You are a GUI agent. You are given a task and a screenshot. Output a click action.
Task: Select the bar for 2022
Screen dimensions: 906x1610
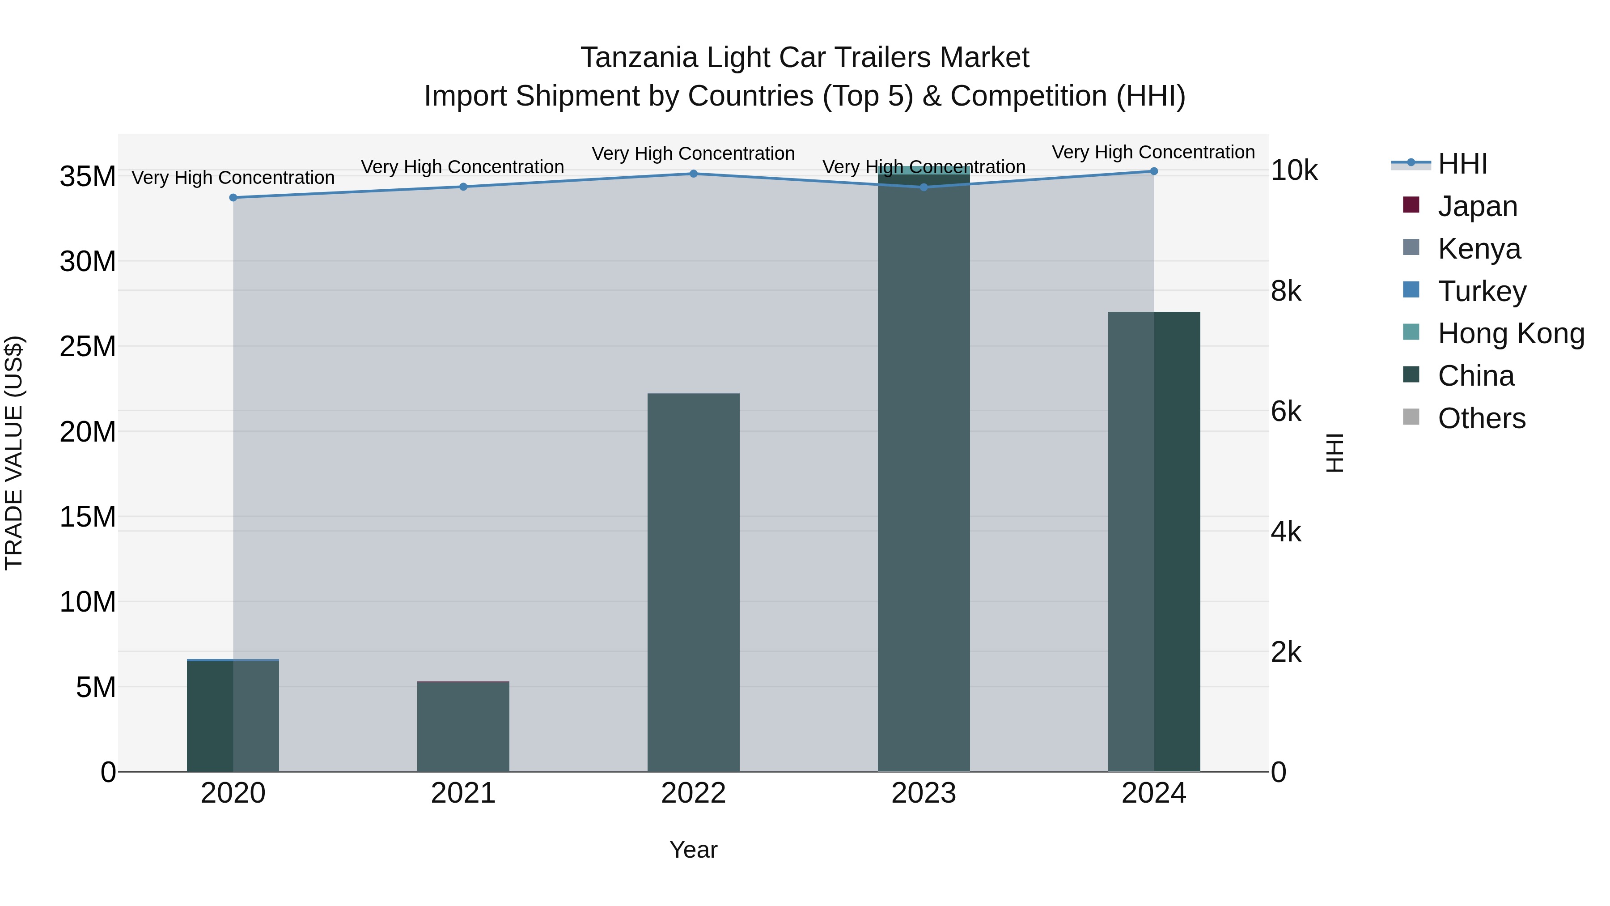[693, 582]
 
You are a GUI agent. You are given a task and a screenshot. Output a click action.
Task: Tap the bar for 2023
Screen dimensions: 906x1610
[924, 469]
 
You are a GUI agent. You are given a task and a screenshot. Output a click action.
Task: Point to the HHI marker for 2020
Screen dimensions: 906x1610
[233, 198]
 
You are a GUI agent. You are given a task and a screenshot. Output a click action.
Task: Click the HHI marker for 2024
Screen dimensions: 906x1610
[1154, 171]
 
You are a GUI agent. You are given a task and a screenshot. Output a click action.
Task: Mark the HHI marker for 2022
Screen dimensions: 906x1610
[693, 174]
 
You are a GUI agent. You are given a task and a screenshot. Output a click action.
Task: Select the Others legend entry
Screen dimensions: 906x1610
[1481, 418]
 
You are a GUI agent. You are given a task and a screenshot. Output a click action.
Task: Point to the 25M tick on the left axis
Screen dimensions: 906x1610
[88, 346]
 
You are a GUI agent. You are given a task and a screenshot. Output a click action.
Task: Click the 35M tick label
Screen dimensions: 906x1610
[88, 177]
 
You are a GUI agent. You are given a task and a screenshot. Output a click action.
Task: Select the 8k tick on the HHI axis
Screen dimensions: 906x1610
[1286, 291]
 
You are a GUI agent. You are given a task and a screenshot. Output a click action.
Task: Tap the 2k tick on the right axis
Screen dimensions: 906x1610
[1286, 652]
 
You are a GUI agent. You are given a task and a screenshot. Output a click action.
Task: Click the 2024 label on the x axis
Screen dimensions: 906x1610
[1154, 793]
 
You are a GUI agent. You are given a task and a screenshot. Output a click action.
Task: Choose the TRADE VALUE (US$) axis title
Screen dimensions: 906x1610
[14, 453]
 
